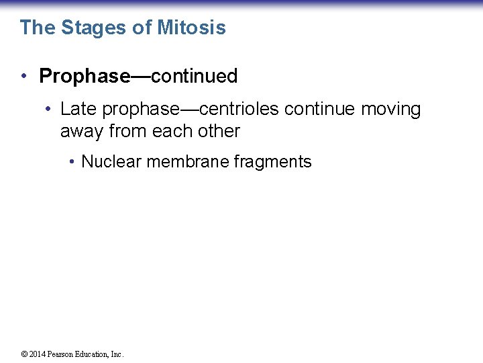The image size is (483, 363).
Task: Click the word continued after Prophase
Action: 195,77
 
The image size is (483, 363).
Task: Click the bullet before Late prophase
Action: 49,110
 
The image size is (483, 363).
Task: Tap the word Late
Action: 79,110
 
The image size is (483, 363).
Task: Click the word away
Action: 82,131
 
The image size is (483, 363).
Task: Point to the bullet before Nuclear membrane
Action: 71,162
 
